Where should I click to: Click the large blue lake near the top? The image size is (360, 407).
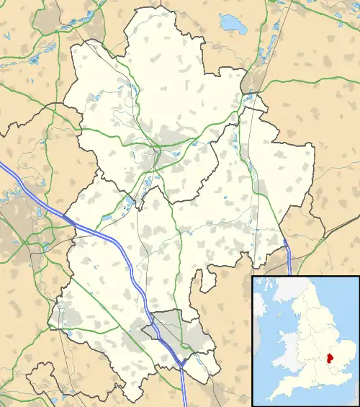233,24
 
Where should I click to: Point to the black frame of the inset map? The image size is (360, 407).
252,339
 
